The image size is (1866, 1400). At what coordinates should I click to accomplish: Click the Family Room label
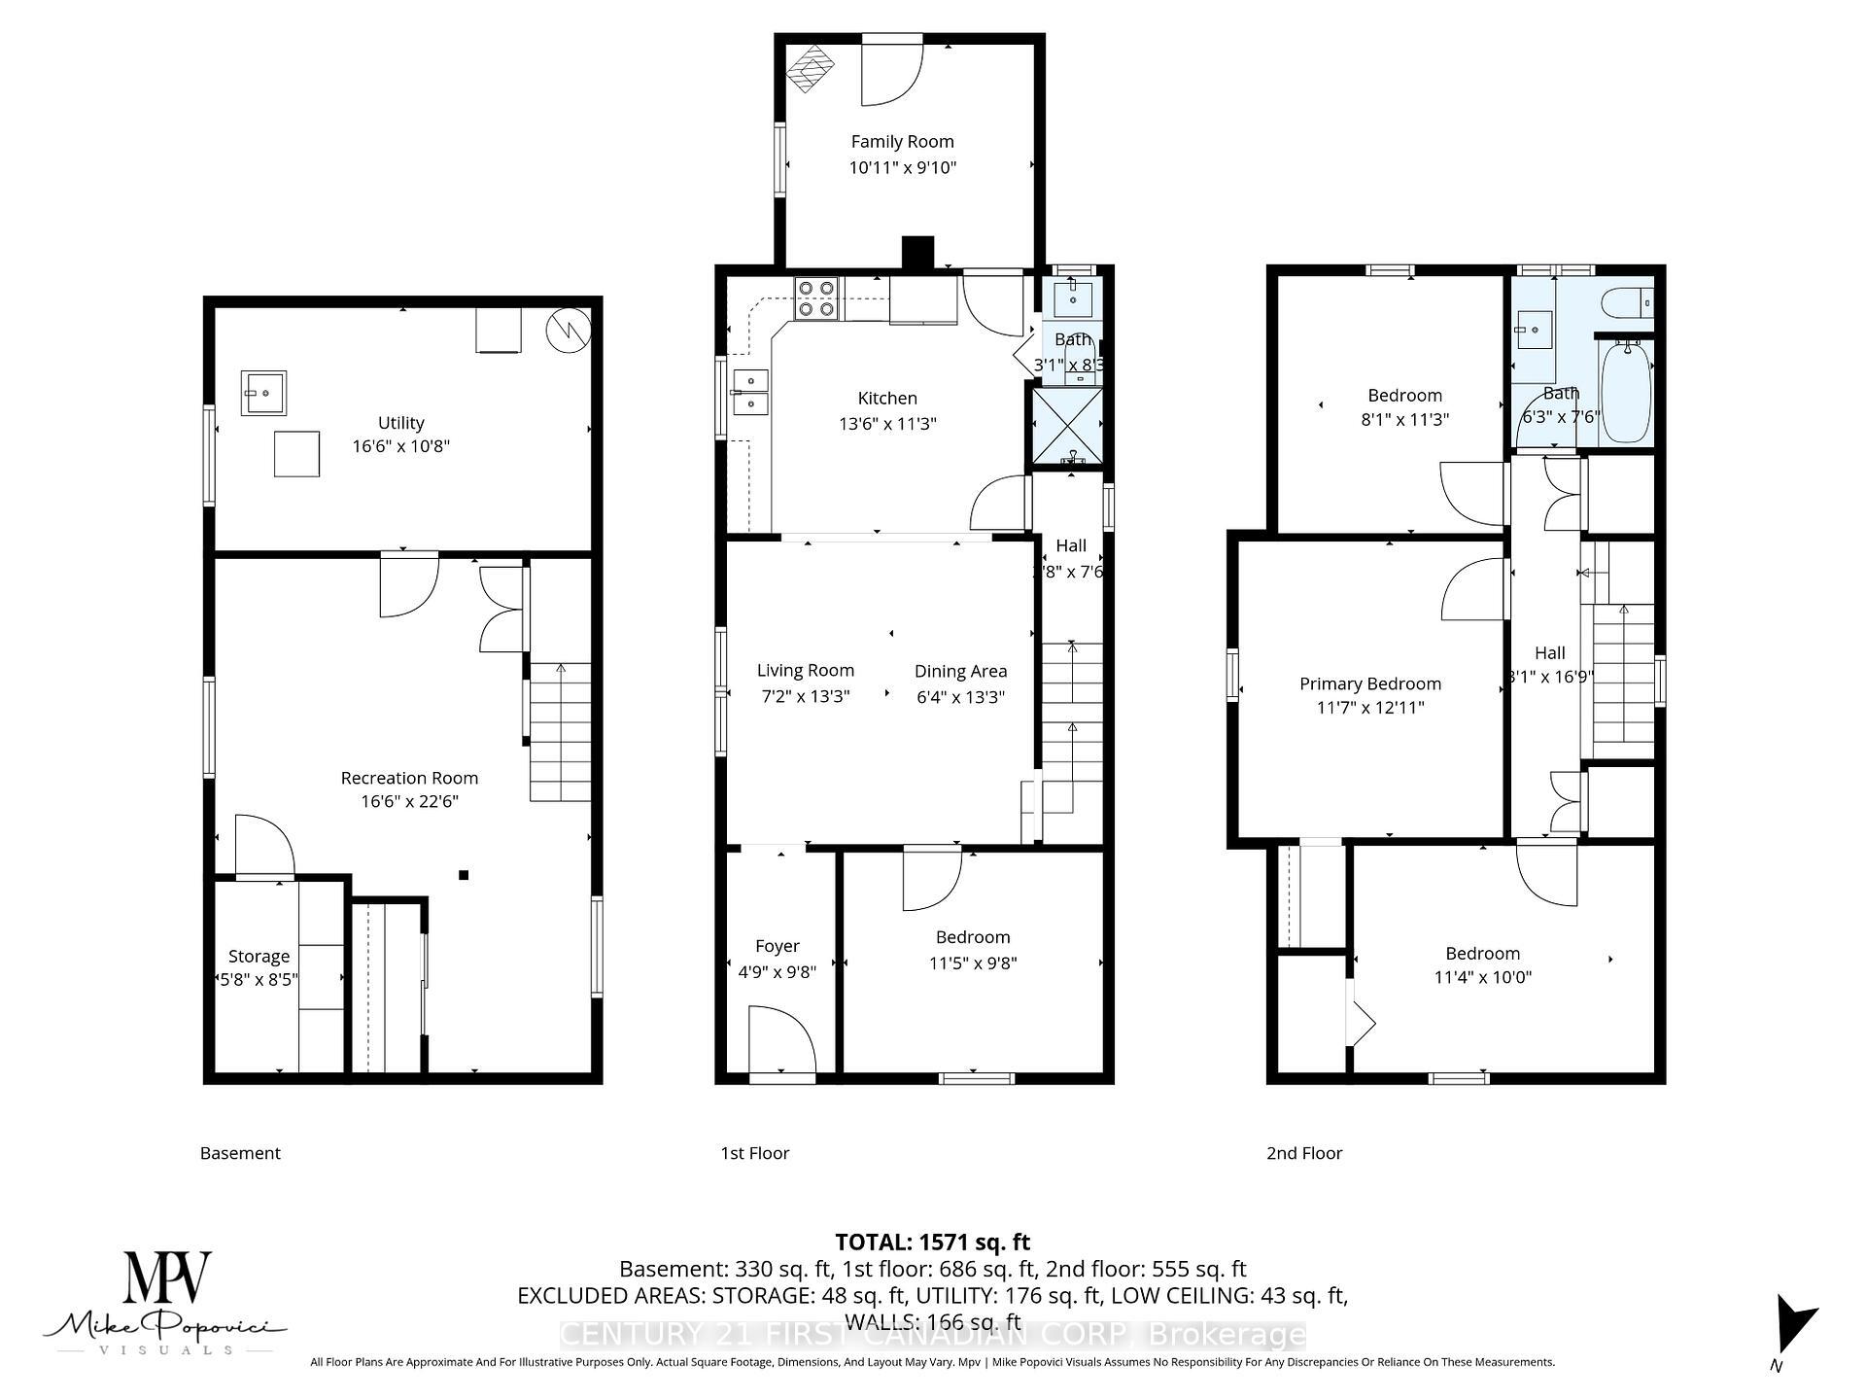point(902,142)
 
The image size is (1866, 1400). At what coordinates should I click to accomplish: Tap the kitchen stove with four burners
point(816,298)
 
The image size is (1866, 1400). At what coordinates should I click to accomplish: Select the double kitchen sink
point(751,392)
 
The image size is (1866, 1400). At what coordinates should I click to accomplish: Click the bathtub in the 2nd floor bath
point(1625,391)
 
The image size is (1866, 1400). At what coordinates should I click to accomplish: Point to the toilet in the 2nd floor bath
point(1626,302)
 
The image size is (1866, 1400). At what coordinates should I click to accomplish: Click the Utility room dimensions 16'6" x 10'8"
point(400,446)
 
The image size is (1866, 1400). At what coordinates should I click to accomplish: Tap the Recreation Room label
point(409,778)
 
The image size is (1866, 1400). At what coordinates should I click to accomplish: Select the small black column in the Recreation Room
point(464,875)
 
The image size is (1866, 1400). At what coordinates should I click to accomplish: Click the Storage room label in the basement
point(259,956)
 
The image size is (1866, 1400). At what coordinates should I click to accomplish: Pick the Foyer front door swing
point(781,1039)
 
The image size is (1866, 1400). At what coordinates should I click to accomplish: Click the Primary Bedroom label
point(1369,683)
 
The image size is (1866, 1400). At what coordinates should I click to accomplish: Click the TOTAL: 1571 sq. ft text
point(932,1242)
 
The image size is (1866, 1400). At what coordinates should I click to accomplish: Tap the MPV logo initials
point(167,1277)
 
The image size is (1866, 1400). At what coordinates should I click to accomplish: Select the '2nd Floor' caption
point(1303,1153)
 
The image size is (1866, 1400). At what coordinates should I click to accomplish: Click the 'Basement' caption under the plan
point(240,1153)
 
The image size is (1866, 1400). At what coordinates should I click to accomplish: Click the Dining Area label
point(960,671)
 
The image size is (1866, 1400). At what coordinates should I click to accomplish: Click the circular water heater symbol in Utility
point(569,331)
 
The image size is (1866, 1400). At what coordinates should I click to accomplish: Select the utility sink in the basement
point(263,393)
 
